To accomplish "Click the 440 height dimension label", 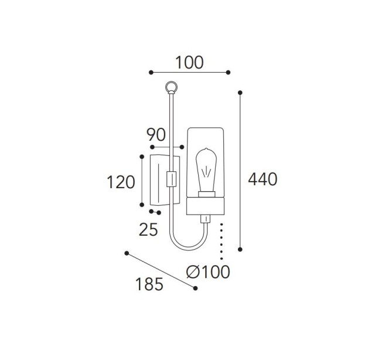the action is [263, 179].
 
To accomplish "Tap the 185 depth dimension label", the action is [149, 284].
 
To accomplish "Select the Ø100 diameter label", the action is [208, 272].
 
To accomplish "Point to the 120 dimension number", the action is [121, 182].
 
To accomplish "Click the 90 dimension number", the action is [156, 135].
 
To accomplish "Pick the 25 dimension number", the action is [148, 230].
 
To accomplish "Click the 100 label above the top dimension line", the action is [189, 63].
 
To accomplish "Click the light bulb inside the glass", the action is [206, 170].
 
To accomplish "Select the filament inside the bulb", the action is [206, 172].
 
